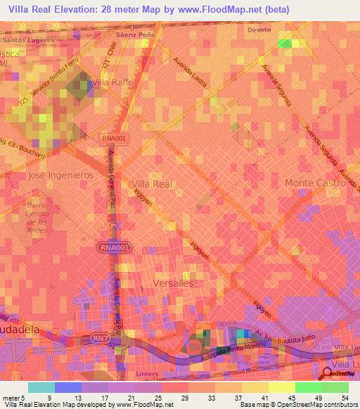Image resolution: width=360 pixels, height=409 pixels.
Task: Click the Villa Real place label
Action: point(152,183)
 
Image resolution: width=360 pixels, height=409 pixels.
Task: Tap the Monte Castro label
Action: point(315,183)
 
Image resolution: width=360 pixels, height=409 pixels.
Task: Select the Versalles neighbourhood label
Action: point(172,283)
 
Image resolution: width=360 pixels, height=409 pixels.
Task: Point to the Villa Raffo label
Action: point(113,83)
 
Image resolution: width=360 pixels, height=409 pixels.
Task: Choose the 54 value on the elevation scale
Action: point(345,398)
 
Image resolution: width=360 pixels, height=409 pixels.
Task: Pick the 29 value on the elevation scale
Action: point(184,398)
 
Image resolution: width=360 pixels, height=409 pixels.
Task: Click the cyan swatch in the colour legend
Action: point(41,387)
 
